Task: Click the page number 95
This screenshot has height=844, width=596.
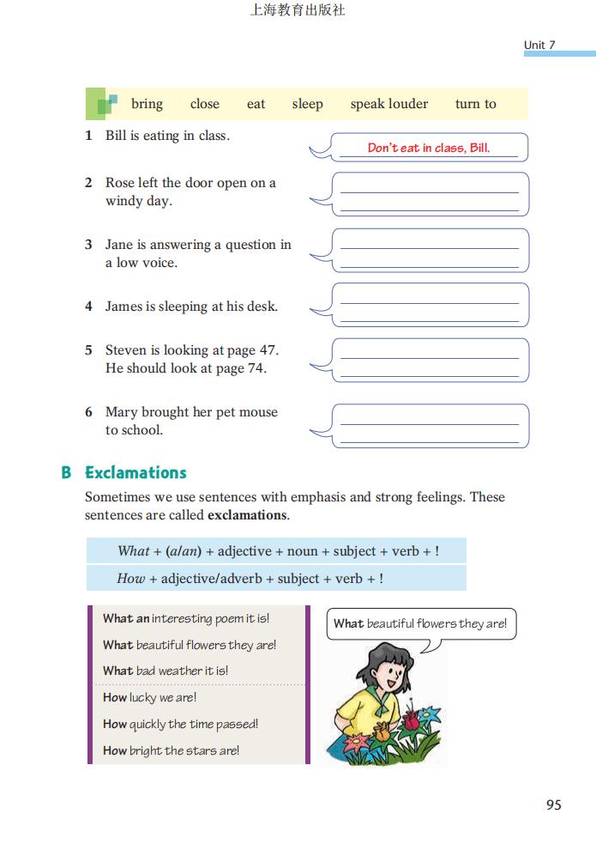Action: click(x=553, y=805)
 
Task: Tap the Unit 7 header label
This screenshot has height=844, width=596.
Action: click(x=539, y=45)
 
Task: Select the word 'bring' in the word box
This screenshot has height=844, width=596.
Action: click(x=147, y=104)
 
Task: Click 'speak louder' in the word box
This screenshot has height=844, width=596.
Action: click(x=388, y=104)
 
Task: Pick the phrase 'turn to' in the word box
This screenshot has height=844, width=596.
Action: click(x=475, y=104)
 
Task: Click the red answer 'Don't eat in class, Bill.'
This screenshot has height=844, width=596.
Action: click(x=429, y=148)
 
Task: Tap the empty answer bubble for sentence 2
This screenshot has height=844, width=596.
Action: click(x=430, y=194)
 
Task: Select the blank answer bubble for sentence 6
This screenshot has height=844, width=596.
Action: click(x=430, y=426)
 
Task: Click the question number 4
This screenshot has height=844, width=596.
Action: click(x=88, y=307)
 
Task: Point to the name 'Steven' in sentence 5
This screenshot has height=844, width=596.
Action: click(x=126, y=350)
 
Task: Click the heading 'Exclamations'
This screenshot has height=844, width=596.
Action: click(x=135, y=472)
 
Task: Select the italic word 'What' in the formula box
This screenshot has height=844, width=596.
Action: click(x=134, y=551)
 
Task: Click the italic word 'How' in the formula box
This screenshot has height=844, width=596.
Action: click(x=131, y=579)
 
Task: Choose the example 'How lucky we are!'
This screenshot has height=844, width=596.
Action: click(x=150, y=697)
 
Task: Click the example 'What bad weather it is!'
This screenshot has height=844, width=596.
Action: click(x=166, y=671)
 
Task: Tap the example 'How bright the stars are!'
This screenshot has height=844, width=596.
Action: click(x=171, y=750)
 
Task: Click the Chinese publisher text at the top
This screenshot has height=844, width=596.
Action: click(x=297, y=11)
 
